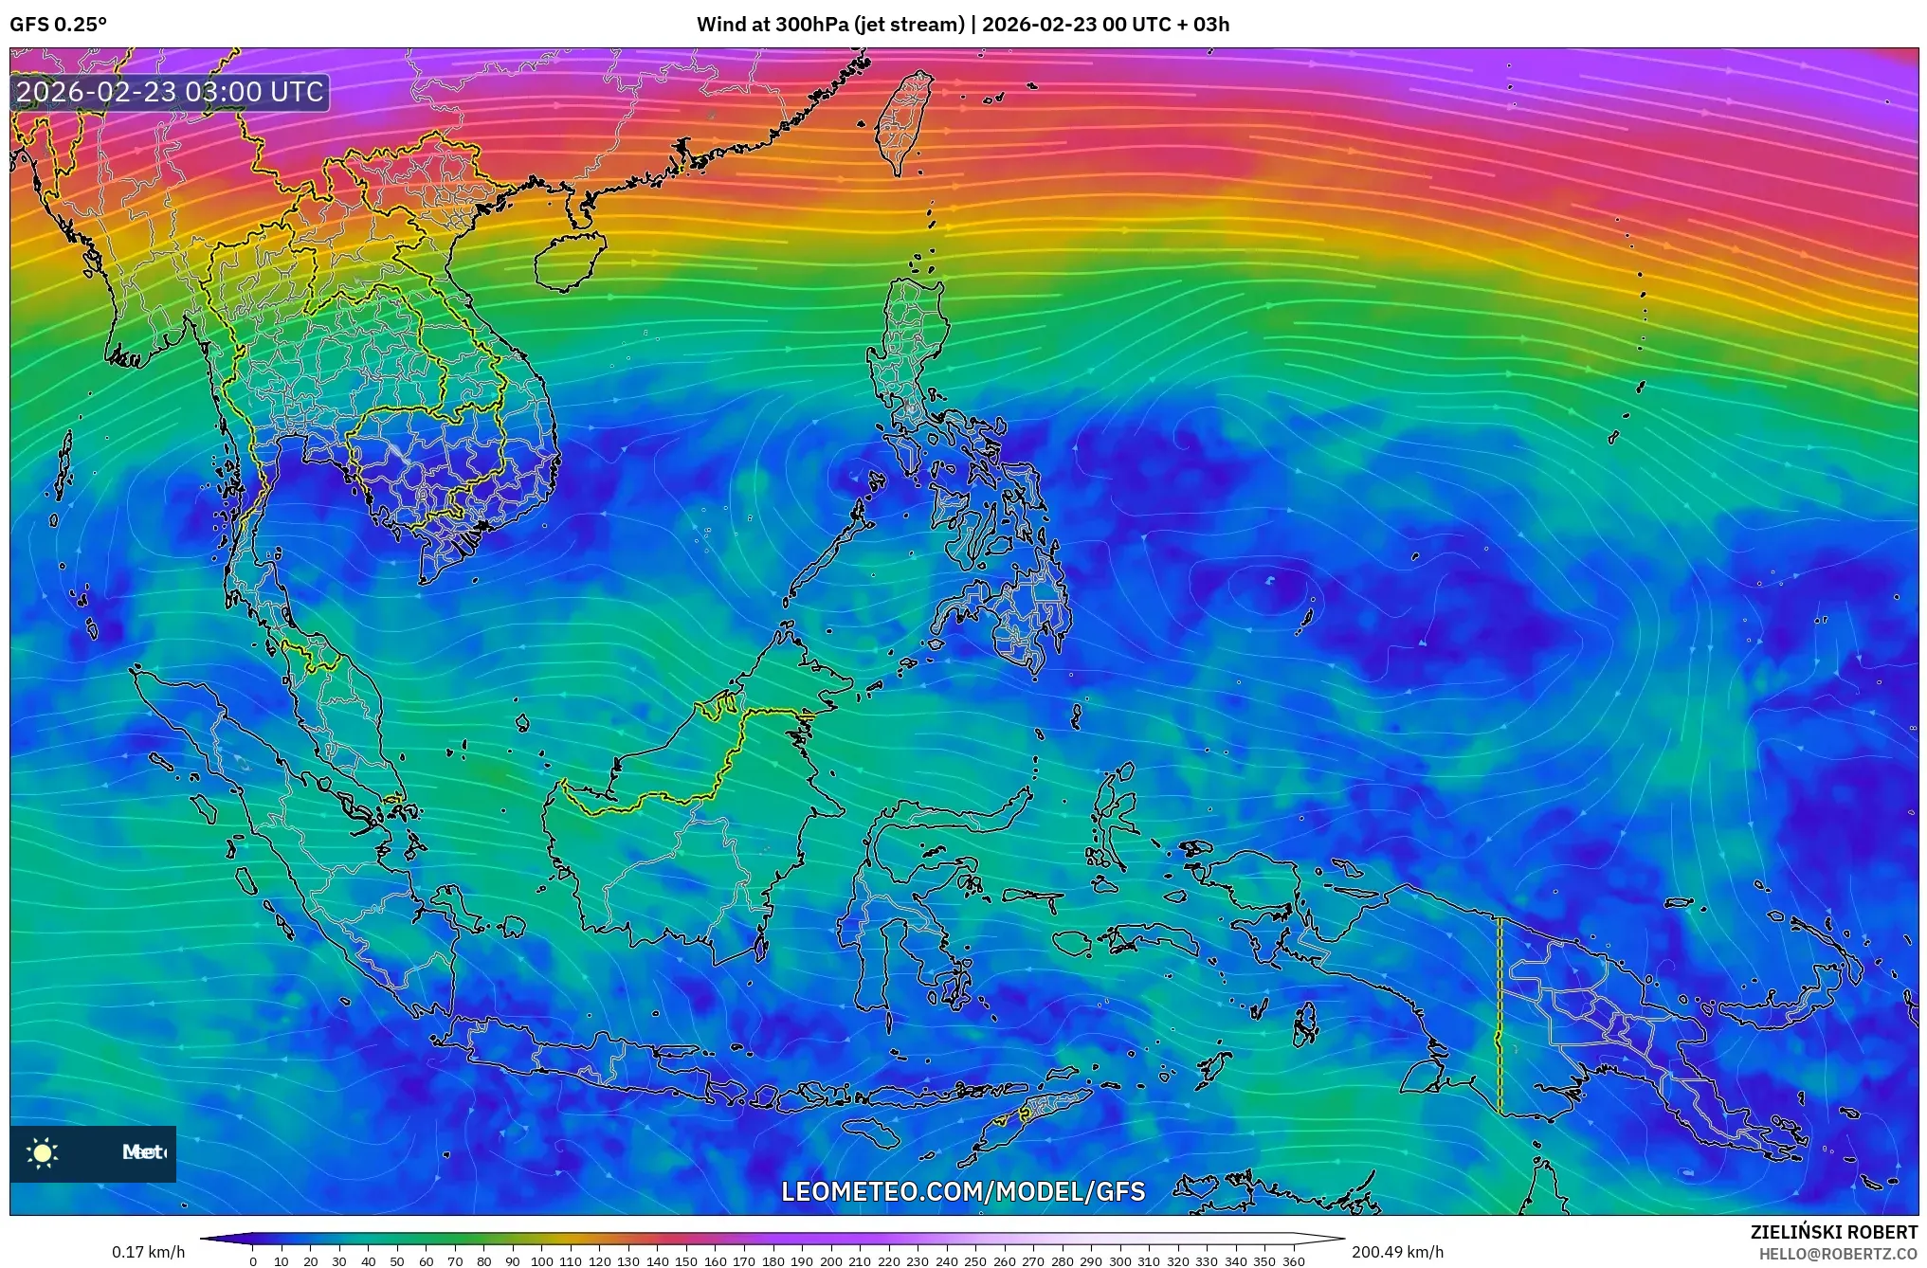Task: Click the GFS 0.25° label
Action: pos(59,25)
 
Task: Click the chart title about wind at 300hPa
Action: pos(962,25)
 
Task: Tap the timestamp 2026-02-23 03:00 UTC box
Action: pos(171,92)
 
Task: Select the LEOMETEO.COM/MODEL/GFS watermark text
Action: pos(963,1191)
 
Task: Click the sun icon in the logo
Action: pos(43,1153)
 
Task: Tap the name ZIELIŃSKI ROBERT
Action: pos(1833,1232)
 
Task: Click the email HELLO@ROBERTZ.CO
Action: pos(1838,1254)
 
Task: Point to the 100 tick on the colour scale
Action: pos(541,1261)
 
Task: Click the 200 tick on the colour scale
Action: pos(830,1261)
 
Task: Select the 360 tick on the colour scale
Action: pos(1293,1261)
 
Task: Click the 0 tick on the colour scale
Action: pos(252,1261)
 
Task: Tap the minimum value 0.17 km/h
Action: pos(148,1253)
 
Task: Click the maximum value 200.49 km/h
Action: pos(1397,1253)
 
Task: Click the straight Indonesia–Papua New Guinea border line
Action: pos(1500,1014)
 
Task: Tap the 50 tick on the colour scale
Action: pos(396,1261)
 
